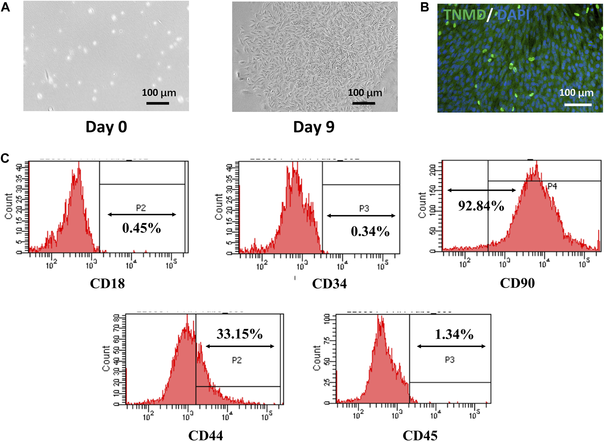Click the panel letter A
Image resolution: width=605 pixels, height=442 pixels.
point(5,7)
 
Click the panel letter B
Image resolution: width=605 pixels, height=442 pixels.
point(424,7)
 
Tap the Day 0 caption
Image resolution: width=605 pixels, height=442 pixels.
point(106,127)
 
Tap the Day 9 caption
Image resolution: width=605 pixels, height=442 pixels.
point(314,127)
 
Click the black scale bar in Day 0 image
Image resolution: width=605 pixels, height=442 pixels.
point(157,103)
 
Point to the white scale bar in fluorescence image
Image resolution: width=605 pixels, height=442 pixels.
point(578,104)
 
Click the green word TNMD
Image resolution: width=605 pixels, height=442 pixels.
point(465,15)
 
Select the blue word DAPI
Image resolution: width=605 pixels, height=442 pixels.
point(513,15)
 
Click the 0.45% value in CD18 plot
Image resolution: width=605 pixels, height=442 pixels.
point(141,228)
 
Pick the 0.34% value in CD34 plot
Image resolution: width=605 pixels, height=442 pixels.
point(370,231)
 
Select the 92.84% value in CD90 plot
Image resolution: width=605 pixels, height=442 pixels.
point(481,206)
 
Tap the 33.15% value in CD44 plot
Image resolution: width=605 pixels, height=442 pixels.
point(239,334)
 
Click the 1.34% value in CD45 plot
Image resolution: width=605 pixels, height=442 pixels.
point(454,334)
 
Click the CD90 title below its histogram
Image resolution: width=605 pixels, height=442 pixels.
point(517,283)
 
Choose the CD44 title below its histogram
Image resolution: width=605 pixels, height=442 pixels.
point(206,436)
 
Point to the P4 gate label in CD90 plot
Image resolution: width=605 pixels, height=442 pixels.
point(552,186)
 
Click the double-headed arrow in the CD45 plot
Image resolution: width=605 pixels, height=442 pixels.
point(451,346)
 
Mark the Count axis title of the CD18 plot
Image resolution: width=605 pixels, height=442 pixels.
point(9,206)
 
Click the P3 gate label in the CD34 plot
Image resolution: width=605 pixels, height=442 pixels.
point(364,209)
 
